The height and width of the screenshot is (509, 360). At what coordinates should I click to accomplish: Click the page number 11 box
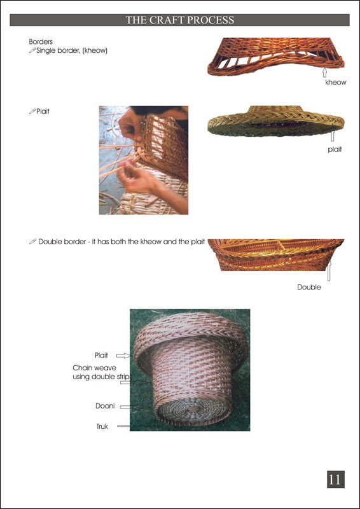335,479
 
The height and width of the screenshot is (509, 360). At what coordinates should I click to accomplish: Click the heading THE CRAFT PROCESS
180,20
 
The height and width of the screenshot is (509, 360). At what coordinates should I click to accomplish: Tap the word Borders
41,42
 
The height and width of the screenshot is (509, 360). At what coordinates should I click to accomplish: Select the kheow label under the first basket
336,83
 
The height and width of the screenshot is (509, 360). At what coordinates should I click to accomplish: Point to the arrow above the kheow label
324,72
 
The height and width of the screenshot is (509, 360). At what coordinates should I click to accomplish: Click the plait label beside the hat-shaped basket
334,150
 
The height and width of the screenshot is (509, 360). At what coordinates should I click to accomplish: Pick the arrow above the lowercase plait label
333,136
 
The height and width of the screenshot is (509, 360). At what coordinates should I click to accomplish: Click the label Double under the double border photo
309,288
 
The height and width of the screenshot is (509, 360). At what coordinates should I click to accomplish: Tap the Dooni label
105,406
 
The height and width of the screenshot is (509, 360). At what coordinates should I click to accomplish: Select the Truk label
102,426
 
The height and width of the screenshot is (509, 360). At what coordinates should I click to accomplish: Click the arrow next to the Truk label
123,426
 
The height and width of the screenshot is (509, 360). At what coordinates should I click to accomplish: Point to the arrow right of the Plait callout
123,356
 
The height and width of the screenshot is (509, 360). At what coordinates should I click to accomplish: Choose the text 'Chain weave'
95,368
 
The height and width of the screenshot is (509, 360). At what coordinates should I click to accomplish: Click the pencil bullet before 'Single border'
32,50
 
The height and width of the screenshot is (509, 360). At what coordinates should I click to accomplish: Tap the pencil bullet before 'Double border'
32,242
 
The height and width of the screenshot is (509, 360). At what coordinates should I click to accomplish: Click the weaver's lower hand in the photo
135,178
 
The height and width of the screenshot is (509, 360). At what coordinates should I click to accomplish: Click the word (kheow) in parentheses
95,51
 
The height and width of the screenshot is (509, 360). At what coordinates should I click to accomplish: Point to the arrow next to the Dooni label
129,407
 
